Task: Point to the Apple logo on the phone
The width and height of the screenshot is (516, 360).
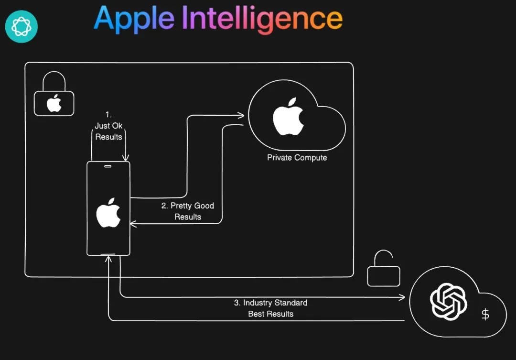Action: pos(108,213)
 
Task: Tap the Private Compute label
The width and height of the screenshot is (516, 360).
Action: pos(297,157)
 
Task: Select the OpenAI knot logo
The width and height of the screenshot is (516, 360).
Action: pos(448,301)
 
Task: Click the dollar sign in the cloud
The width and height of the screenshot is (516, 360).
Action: pos(485,314)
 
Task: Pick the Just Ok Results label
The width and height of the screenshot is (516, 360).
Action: pos(108,131)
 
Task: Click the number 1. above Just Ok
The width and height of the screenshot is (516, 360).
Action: pos(108,115)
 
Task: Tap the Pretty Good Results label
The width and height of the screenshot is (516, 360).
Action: pos(188,211)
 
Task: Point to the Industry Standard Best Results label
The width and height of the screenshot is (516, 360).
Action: pos(270,308)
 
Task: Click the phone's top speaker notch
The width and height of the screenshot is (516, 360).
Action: pos(108,167)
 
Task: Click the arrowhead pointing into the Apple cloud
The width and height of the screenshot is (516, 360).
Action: pos(242,115)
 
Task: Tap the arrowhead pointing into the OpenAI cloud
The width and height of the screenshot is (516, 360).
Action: pos(402,297)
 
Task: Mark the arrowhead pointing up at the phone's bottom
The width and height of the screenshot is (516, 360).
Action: pos(109,260)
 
